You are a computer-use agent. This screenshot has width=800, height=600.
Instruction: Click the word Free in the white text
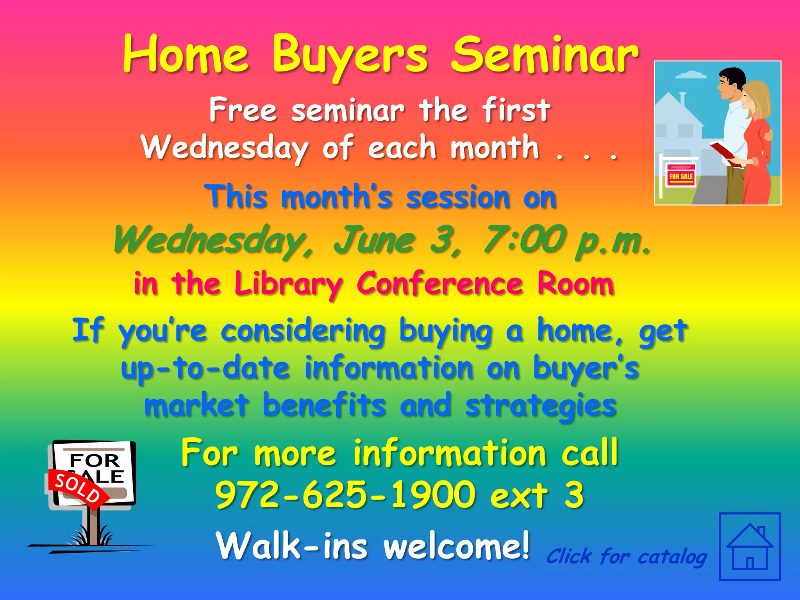click(x=243, y=110)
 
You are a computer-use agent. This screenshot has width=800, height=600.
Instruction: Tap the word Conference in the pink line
click(x=439, y=284)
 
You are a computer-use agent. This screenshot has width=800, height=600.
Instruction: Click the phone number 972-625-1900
click(x=345, y=495)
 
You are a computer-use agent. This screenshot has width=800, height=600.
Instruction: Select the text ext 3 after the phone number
click(x=537, y=495)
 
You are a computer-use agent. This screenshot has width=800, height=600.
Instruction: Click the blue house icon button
click(x=750, y=546)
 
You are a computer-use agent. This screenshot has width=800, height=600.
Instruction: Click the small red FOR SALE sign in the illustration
click(x=680, y=176)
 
